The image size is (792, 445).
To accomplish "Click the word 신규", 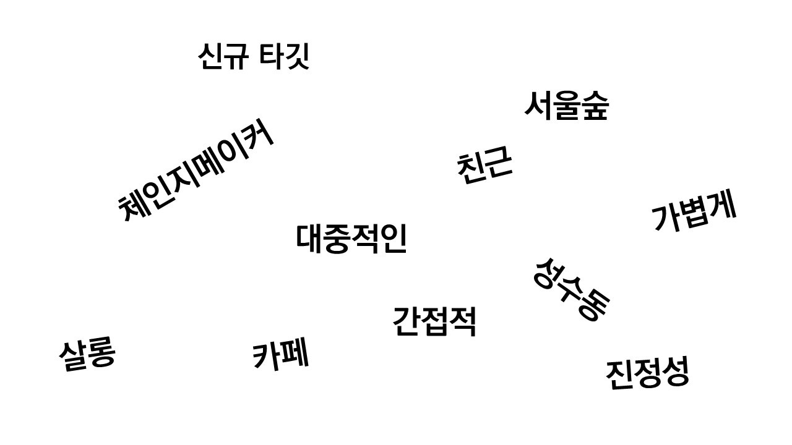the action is [223, 56].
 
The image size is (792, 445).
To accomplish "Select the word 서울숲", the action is [566, 106].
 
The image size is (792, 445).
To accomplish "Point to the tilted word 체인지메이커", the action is [196, 169].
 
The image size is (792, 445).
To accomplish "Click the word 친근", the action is [484, 166].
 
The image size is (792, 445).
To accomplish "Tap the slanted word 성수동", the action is [571, 289].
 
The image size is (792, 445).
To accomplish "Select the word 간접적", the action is [434, 321].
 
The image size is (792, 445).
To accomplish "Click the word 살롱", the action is [87, 355].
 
